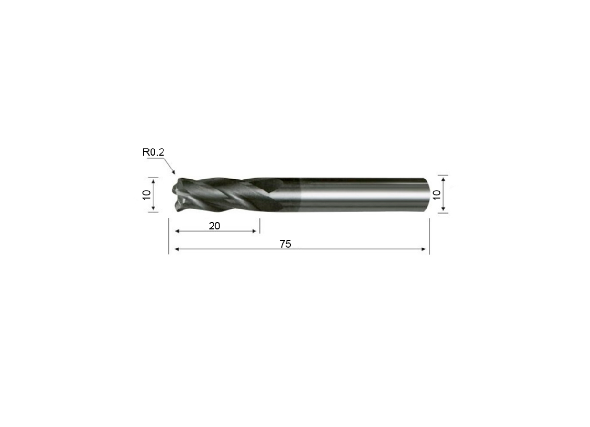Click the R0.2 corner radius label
[x=153, y=152]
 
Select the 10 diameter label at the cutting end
[x=147, y=194]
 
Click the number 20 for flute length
[x=214, y=226]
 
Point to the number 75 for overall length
[x=285, y=244]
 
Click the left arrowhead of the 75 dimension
[x=176, y=249]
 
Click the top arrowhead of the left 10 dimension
[x=153, y=180]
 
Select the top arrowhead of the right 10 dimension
[x=443, y=179]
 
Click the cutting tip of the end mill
[x=174, y=195]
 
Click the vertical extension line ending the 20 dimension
[x=259, y=226]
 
